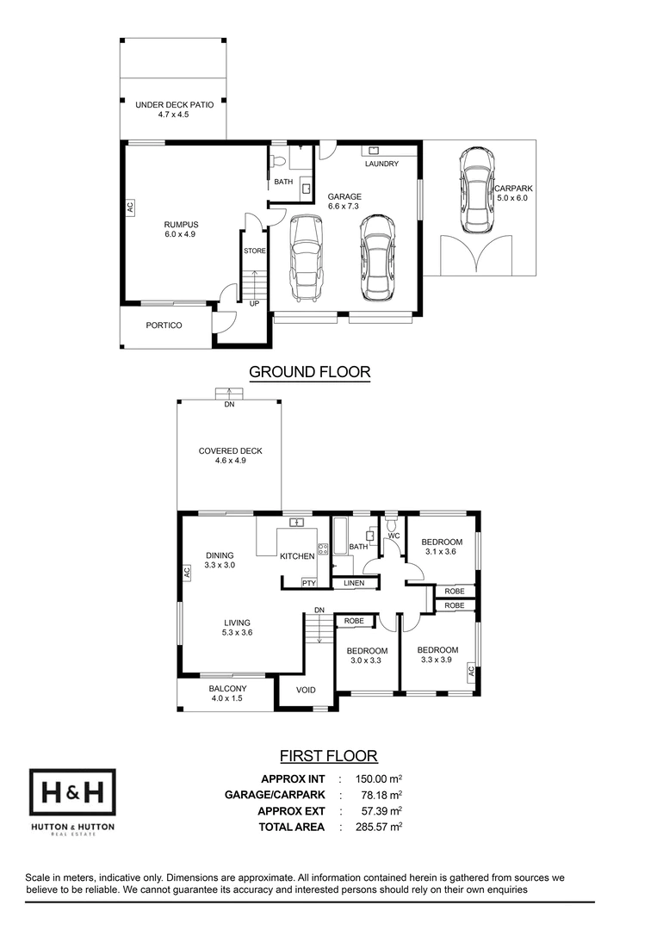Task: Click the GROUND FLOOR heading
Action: pyautogui.click(x=309, y=372)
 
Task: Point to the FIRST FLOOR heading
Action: pyautogui.click(x=329, y=756)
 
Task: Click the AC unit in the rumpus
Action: pyautogui.click(x=130, y=207)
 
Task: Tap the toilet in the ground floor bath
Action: pyautogui.click(x=277, y=162)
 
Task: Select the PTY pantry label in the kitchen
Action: pyautogui.click(x=309, y=583)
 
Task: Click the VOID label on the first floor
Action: pyautogui.click(x=306, y=690)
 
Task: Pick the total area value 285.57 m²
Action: pyautogui.click(x=379, y=826)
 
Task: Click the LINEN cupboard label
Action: pyautogui.click(x=354, y=583)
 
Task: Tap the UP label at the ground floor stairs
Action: pyautogui.click(x=254, y=304)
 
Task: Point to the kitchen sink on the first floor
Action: pyautogui.click(x=296, y=523)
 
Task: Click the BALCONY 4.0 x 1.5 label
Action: pyautogui.click(x=227, y=693)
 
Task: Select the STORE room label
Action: pyautogui.click(x=255, y=251)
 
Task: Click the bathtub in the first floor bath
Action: pyautogui.click(x=340, y=536)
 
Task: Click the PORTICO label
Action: pyautogui.click(x=164, y=325)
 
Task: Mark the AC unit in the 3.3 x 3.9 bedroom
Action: pyautogui.click(x=471, y=672)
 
